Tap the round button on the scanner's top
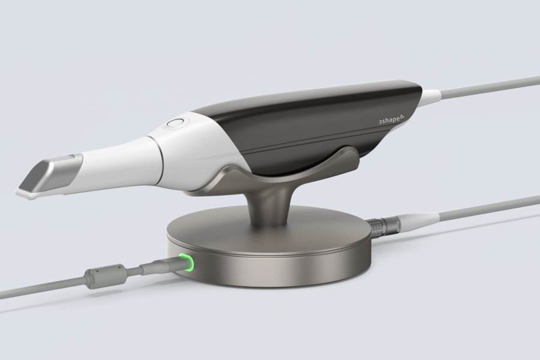point(176,123)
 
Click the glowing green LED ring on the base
point(187,262)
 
